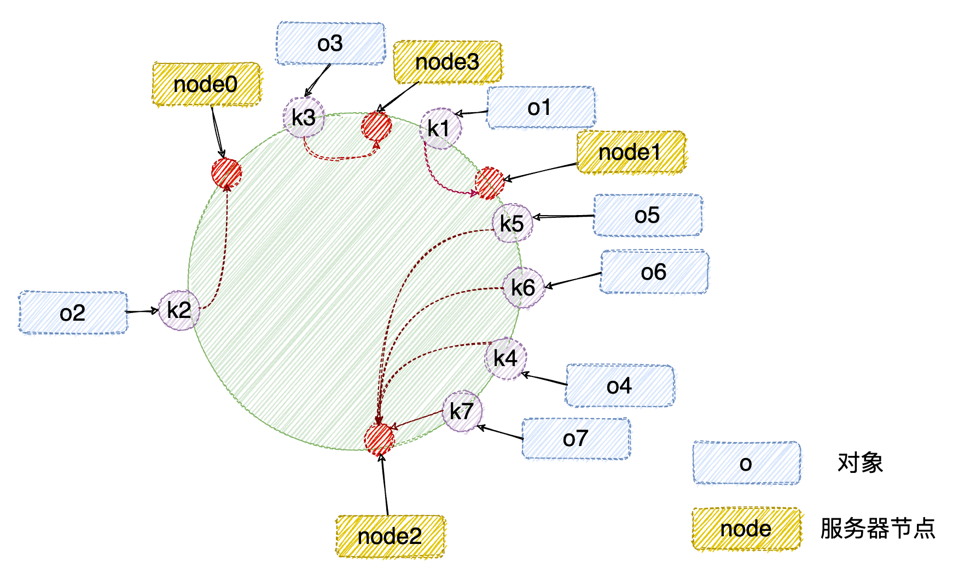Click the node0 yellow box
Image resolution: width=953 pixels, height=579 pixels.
(x=207, y=84)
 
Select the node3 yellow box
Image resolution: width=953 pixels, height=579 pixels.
(x=448, y=62)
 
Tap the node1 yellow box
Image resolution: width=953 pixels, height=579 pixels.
(x=631, y=152)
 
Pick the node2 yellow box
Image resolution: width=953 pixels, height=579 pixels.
(x=390, y=536)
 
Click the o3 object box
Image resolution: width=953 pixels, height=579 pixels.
(x=330, y=43)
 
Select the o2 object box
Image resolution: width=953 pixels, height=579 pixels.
(x=73, y=312)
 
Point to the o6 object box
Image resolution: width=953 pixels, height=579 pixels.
(x=654, y=272)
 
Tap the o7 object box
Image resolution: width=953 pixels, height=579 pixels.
(x=576, y=438)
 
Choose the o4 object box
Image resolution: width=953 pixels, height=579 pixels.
(x=620, y=386)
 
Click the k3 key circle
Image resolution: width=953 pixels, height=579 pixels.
(x=304, y=117)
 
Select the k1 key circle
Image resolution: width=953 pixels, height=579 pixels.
(x=440, y=129)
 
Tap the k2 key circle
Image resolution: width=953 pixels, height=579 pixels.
(x=179, y=310)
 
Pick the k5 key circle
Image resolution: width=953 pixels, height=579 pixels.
(x=513, y=223)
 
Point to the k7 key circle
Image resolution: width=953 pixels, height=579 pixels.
(x=462, y=411)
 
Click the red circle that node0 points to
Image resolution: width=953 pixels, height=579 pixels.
(x=226, y=173)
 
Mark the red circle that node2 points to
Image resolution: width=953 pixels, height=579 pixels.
(x=379, y=439)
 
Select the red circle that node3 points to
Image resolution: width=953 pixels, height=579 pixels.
(x=376, y=126)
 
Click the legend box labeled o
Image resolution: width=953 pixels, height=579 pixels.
(x=747, y=463)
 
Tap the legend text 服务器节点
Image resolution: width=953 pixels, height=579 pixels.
(x=878, y=529)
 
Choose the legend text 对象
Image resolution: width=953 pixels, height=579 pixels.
(x=860, y=463)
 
